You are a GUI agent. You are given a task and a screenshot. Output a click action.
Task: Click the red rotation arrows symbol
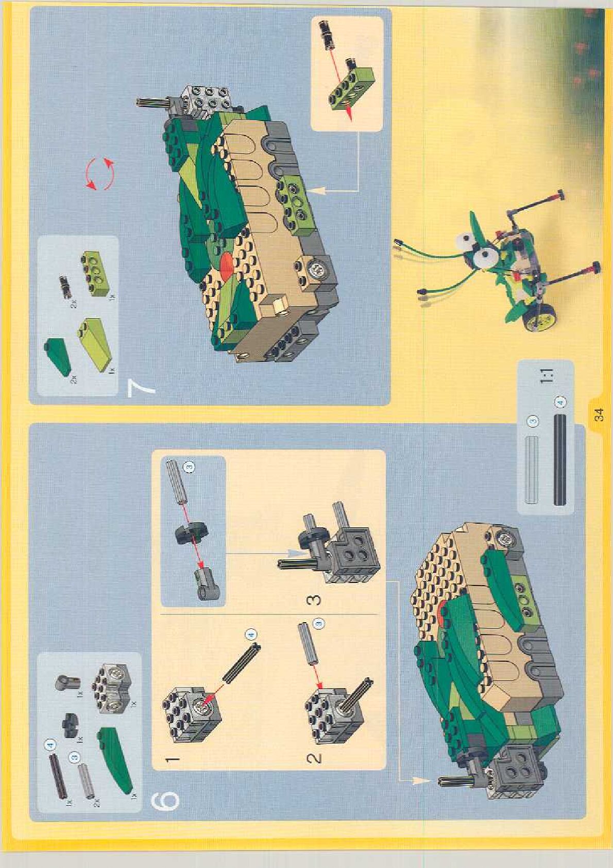100,174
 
